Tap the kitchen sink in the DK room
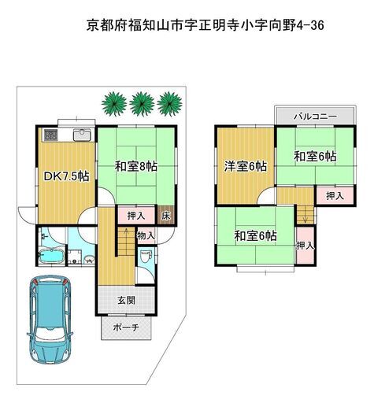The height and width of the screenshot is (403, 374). [x=82, y=135]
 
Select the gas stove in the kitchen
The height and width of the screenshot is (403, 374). [x=50, y=135]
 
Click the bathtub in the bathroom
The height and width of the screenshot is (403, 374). [x=51, y=255]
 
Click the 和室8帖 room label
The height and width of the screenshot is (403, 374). [x=136, y=166]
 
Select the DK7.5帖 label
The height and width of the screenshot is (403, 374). [x=66, y=176]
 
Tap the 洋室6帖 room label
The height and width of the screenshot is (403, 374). [x=246, y=166]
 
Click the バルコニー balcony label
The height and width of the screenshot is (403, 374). [x=315, y=116]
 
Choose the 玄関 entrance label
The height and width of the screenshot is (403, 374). [x=127, y=300]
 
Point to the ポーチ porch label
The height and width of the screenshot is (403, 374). [x=126, y=327]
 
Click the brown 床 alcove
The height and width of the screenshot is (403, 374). [x=166, y=216]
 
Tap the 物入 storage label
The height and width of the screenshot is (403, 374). [x=146, y=235]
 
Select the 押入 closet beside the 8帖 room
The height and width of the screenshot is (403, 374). [x=136, y=216]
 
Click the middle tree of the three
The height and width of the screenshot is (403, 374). [x=142, y=104]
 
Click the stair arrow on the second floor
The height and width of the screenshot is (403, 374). [x=305, y=214]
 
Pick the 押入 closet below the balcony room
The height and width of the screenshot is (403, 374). [x=335, y=196]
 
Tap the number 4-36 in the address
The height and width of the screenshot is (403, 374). [x=310, y=25]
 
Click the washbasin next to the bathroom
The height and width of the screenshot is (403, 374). [x=90, y=259]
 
